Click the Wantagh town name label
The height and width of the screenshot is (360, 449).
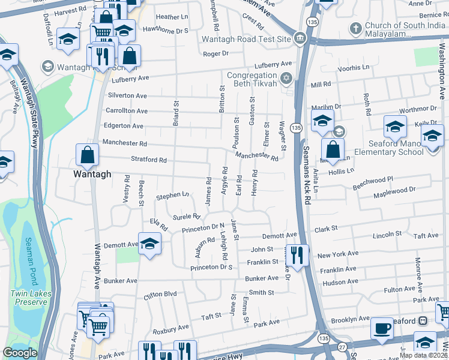pos(92,173)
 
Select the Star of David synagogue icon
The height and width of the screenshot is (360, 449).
pos(286,77)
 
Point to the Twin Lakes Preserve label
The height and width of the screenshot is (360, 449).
pos(28,298)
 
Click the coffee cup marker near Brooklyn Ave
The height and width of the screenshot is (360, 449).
pos(382,328)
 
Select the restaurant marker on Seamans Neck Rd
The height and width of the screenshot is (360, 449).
pos(297,254)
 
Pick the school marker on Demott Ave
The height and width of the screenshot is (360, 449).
pos(149,244)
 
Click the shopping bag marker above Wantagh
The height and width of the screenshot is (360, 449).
pos(88,155)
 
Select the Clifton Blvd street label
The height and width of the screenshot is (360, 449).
pos(160,295)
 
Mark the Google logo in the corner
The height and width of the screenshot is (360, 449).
pos(20,353)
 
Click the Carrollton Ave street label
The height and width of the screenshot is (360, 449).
pos(127,111)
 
